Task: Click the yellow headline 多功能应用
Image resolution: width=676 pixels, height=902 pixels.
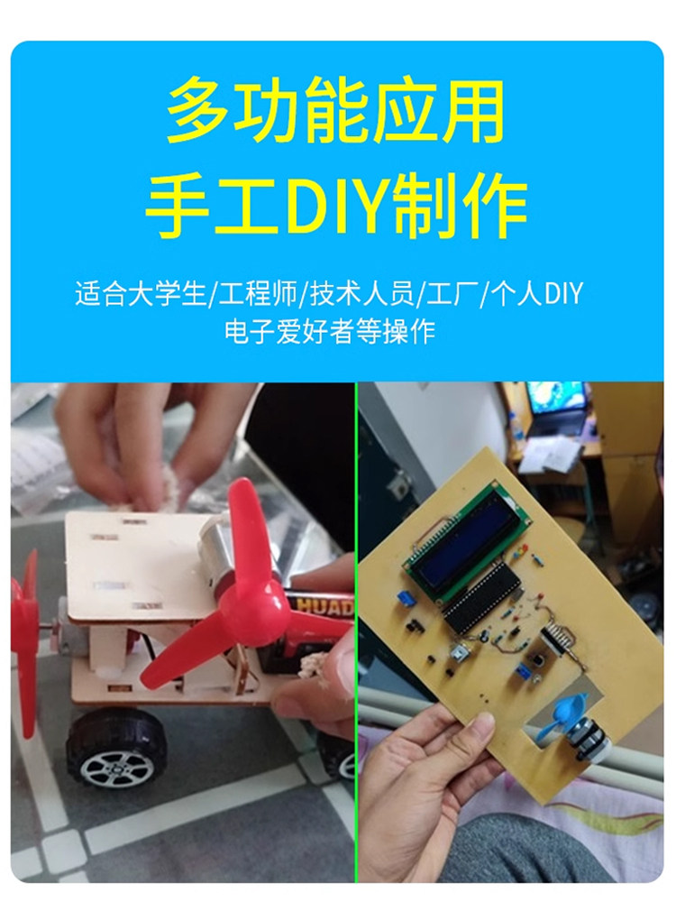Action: [335, 112]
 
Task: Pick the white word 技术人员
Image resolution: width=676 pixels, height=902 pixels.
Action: [362, 293]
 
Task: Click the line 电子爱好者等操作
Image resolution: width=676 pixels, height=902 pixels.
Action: [330, 331]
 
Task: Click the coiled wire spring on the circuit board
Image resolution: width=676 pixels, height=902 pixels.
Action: [555, 636]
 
